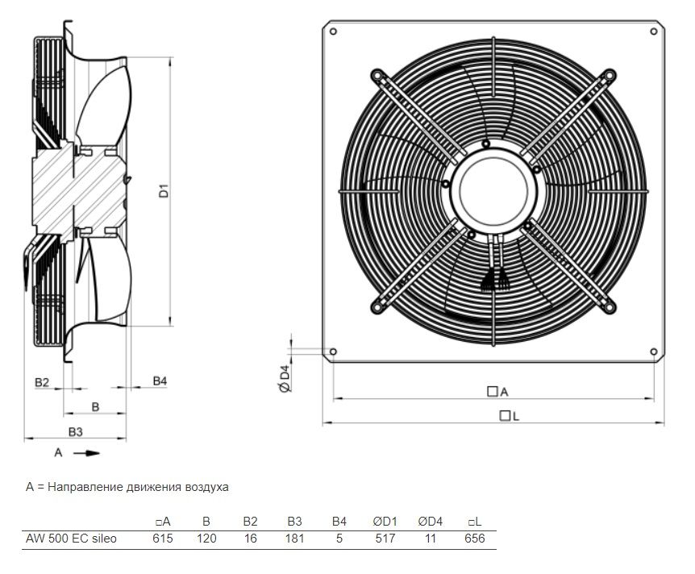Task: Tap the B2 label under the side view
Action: click(42, 381)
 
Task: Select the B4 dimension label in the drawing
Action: click(160, 381)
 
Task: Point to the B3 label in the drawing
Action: click(75, 432)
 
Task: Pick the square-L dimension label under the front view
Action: click(509, 416)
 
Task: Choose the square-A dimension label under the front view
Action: click(497, 391)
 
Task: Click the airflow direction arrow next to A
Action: click(86, 452)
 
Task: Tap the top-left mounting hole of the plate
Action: click(333, 31)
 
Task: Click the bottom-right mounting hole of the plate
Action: click(653, 351)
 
